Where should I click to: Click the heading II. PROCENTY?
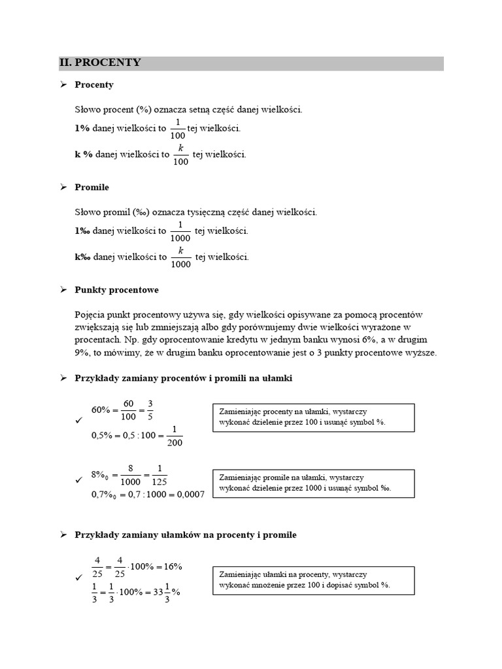click(x=100, y=63)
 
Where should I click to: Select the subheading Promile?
click(x=92, y=188)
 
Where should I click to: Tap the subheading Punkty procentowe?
click(x=116, y=289)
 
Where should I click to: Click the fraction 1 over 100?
click(x=177, y=129)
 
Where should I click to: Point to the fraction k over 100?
click(x=181, y=155)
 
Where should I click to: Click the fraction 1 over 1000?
click(x=180, y=231)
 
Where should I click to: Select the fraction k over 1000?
click(x=180, y=257)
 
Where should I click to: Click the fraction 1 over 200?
click(x=173, y=436)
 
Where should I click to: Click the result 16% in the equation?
click(x=169, y=566)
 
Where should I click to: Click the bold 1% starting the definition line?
click(x=82, y=129)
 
